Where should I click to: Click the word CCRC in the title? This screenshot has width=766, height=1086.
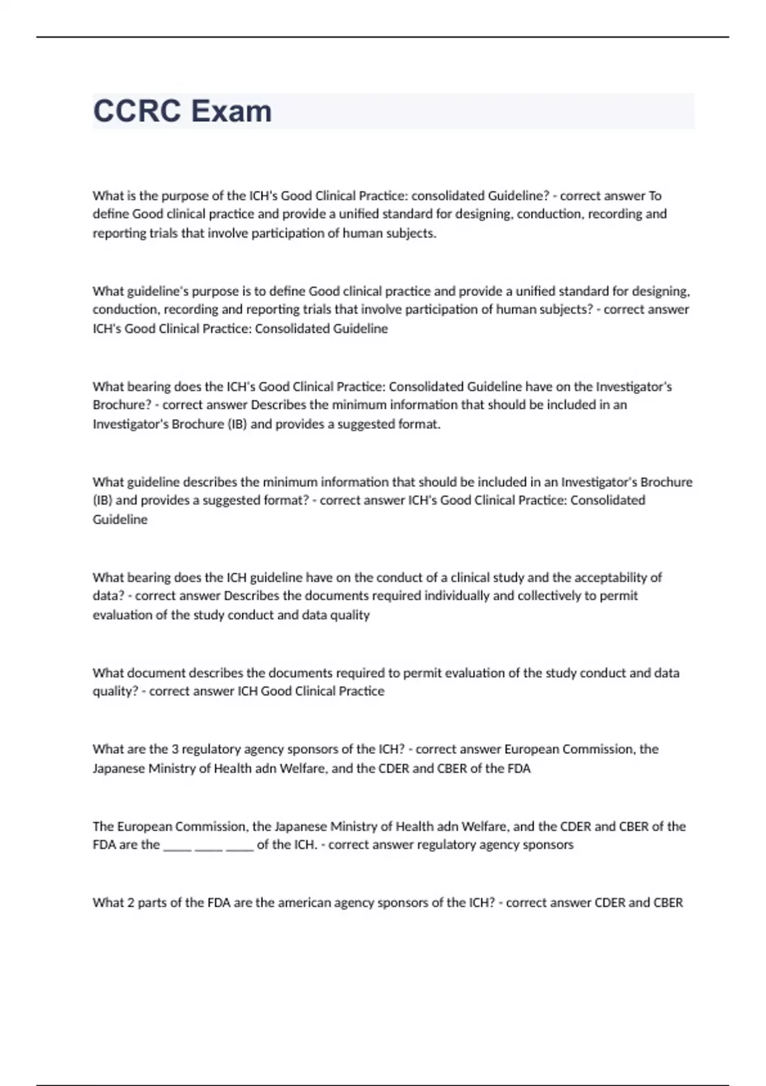coord(137,111)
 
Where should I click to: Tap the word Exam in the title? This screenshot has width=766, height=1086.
coord(232,111)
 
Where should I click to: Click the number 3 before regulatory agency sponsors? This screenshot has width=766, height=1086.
coord(175,749)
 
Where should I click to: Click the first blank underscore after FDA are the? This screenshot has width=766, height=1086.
coord(177,846)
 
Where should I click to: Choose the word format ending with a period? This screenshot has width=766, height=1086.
coord(419,424)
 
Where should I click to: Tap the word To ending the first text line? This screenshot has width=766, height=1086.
coord(655,195)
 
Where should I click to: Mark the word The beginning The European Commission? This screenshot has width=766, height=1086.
coord(103,827)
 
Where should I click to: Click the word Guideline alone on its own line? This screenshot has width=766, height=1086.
coord(120,519)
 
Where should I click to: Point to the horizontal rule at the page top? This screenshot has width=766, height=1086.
coord(383,37)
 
